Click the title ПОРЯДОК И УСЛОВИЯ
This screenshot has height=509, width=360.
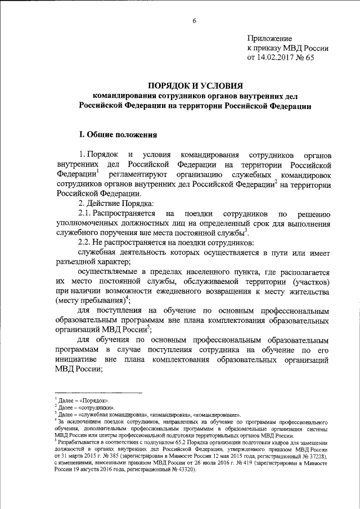(194, 85)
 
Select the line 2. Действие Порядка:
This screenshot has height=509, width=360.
(113, 203)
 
